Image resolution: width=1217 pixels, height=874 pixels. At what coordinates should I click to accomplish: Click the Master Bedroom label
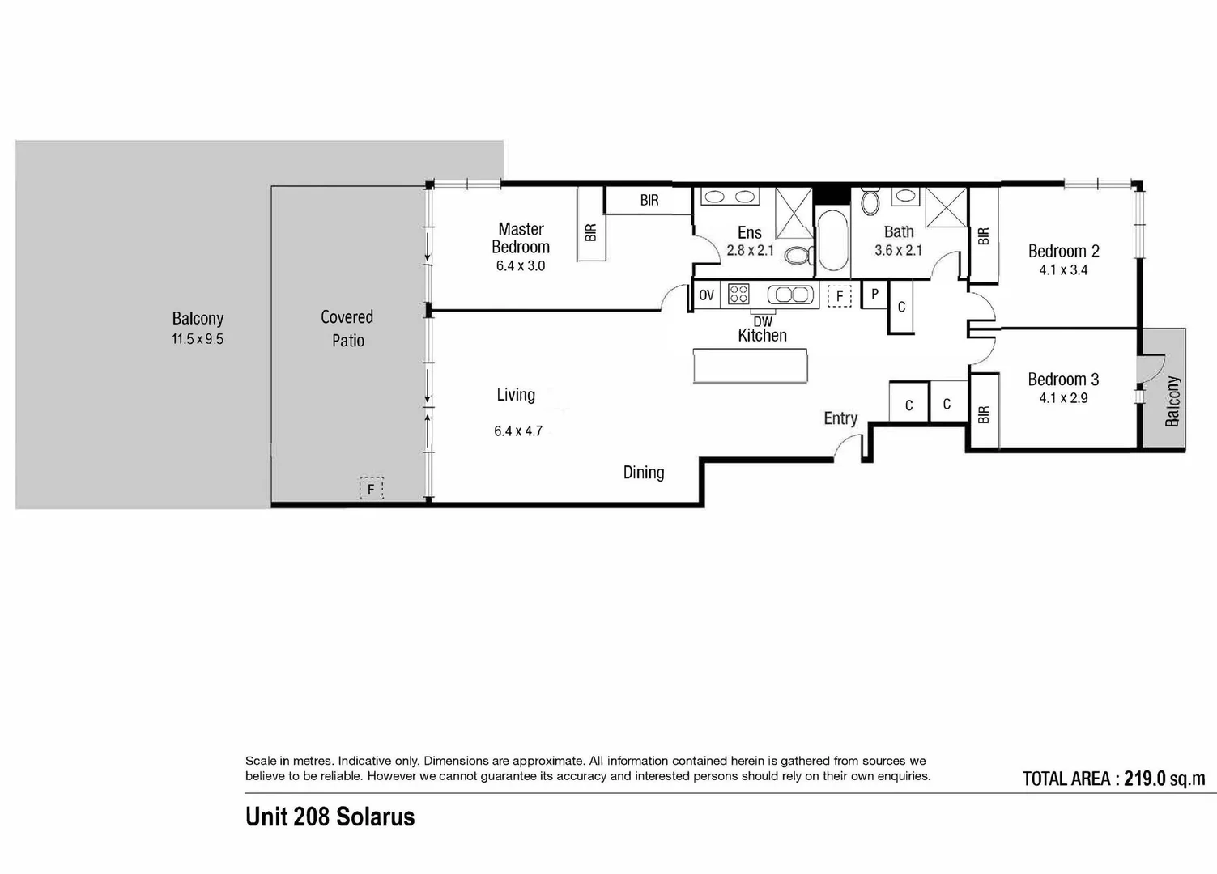click(x=521, y=238)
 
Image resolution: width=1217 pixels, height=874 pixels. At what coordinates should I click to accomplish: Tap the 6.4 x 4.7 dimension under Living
click(x=518, y=431)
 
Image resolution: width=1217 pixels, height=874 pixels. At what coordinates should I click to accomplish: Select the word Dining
click(x=644, y=473)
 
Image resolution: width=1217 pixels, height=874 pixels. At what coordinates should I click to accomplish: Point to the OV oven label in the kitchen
click(x=707, y=295)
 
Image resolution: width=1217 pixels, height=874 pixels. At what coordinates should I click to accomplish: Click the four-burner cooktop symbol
click(x=738, y=294)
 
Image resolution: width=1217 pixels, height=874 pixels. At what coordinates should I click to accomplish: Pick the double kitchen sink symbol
click(x=790, y=295)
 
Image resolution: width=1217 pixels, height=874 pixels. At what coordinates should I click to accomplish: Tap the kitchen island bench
click(x=751, y=366)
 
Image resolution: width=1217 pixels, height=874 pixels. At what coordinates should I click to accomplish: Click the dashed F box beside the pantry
click(x=840, y=296)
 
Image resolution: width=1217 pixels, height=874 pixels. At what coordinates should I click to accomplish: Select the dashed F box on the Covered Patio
click(x=371, y=489)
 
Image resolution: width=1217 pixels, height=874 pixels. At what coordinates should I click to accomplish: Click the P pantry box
click(x=874, y=295)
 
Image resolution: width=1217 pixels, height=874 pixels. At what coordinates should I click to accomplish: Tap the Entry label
click(x=840, y=418)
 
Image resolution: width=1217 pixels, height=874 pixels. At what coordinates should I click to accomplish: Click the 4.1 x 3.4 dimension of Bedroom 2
click(x=1063, y=270)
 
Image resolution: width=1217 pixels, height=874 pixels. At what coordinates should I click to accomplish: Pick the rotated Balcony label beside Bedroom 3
click(x=1172, y=401)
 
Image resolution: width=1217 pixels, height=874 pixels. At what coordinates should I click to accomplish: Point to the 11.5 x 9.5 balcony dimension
click(x=198, y=339)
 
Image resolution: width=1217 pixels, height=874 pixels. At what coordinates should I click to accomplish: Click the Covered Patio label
click(x=347, y=329)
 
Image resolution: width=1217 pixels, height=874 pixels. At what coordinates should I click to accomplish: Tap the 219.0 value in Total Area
click(x=1144, y=779)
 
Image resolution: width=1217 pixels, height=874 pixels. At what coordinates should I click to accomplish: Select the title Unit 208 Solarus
click(x=330, y=817)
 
